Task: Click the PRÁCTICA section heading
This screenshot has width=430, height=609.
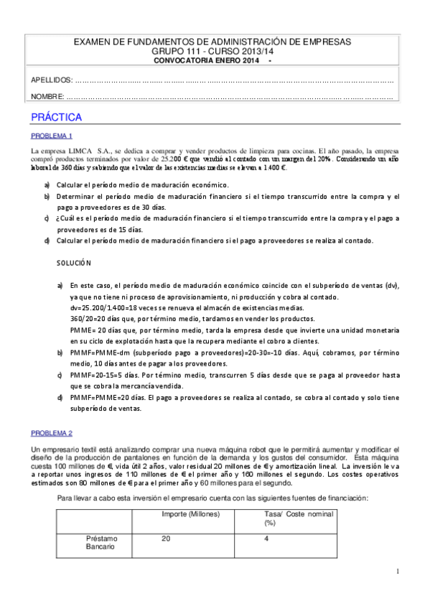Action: (56, 117)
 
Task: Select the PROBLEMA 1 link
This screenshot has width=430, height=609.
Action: (51, 136)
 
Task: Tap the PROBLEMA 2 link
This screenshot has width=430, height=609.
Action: (51, 432)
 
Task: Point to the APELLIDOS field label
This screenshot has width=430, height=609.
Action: (52, 80)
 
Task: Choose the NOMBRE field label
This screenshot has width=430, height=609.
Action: (47, 96)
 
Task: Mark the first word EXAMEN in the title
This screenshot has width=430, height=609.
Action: (92, 42)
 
